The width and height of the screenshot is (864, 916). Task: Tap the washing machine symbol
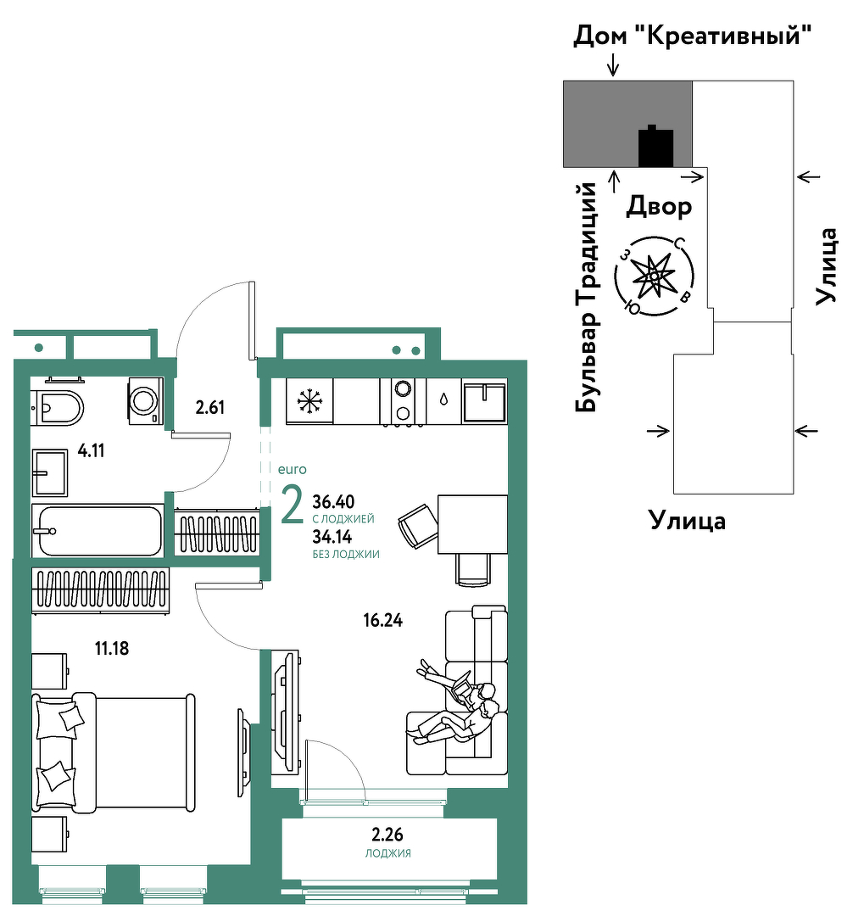tap(146, 400)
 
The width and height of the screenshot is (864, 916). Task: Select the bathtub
tap(98, 530)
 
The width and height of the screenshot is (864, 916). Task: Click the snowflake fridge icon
tap(309, 401)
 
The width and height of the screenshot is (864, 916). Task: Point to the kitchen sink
tap(484, 401)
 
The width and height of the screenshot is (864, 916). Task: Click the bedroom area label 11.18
tap(112, 648)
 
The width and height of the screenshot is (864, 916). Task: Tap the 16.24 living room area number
tap(382, 620)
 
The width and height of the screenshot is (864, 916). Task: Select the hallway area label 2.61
tap(209, 407)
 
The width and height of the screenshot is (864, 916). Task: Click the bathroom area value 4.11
tap(91, 450)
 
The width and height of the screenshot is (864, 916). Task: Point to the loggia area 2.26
tap(387, 834)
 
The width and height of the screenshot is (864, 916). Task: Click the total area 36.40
tap(333, 501)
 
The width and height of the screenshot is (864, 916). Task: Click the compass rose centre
tap(655, 276)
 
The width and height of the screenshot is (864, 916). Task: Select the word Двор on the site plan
tap(659, 206)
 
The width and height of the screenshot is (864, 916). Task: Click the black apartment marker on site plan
tap(655, 147)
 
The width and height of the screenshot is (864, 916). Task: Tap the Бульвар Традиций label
tap(587, 298)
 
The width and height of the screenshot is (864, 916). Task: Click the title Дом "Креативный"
tap(693, 36)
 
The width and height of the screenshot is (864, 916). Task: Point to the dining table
tap(472, 524)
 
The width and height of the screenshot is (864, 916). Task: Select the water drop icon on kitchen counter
tap(444, 399)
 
